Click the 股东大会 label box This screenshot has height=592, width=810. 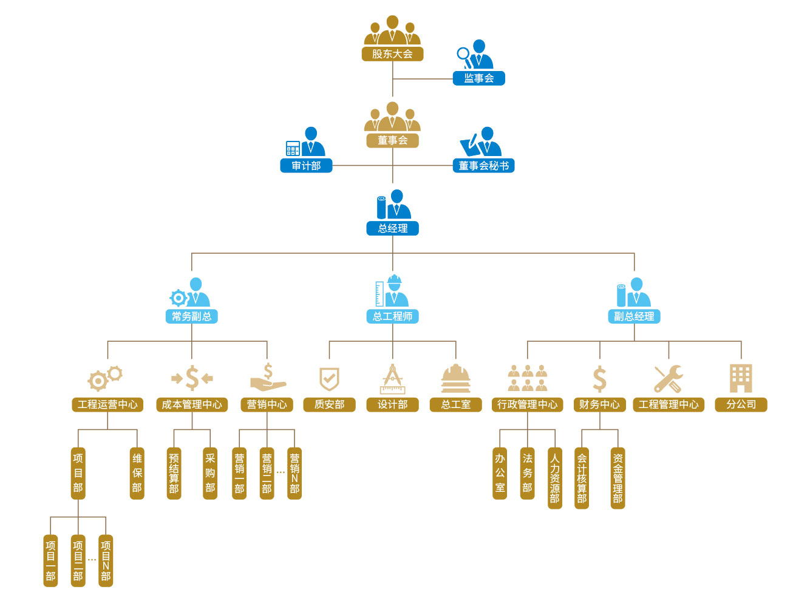392,54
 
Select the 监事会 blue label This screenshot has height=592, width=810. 478,78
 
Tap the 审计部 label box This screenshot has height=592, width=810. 306,166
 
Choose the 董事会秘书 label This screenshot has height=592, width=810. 483,166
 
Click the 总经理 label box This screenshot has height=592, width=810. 392,228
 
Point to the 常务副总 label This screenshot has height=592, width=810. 191,316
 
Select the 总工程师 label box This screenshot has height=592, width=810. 392,316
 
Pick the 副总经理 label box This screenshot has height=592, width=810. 634,316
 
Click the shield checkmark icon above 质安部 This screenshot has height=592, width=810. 329,379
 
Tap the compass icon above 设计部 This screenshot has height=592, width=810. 392,379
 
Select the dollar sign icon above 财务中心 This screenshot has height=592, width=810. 599,379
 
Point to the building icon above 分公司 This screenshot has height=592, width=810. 741,378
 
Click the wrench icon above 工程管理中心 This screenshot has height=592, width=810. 668,379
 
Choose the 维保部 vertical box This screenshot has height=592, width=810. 137,473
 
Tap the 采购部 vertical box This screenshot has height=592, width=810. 210,473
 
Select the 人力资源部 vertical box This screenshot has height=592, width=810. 554,477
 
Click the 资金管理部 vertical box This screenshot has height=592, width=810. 618,477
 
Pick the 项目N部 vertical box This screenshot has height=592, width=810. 106,560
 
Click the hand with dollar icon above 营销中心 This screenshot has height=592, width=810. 267,378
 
